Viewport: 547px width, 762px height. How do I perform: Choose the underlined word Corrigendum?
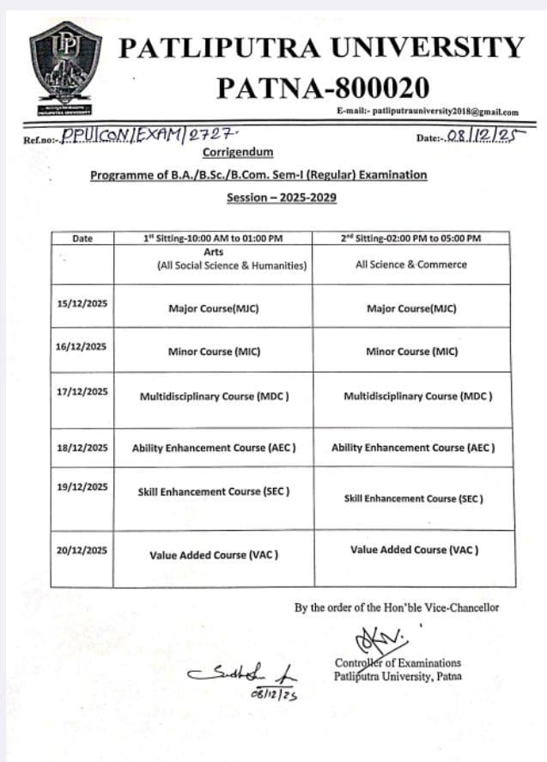coord(237,152)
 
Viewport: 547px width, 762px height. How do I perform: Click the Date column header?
coord(82,238)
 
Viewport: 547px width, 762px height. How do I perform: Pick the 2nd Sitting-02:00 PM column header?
coord(412,238)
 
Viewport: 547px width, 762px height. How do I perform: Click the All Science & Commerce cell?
coord(411,265)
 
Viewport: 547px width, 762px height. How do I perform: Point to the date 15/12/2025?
coord(82,304)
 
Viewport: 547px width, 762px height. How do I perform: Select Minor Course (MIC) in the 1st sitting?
coord(213,351)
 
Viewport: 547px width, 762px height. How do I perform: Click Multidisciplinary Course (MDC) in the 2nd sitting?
coord(417,396)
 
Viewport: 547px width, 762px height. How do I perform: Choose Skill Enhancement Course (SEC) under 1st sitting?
coord(213,491)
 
